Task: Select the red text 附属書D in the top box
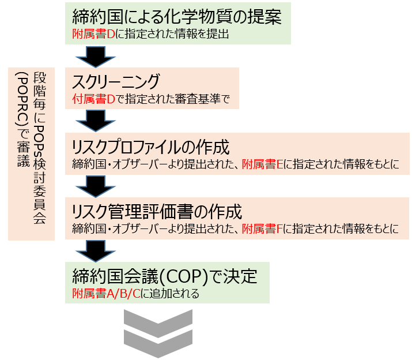(x=86, y=34)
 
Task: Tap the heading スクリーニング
(x=115, y=81)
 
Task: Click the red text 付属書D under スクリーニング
(x=87, y=99)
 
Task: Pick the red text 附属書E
(x=262, y=164)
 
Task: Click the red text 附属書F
(x=262, y=228)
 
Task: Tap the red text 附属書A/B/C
(x=103, y=294)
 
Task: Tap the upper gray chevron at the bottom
(x=157, y=321)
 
